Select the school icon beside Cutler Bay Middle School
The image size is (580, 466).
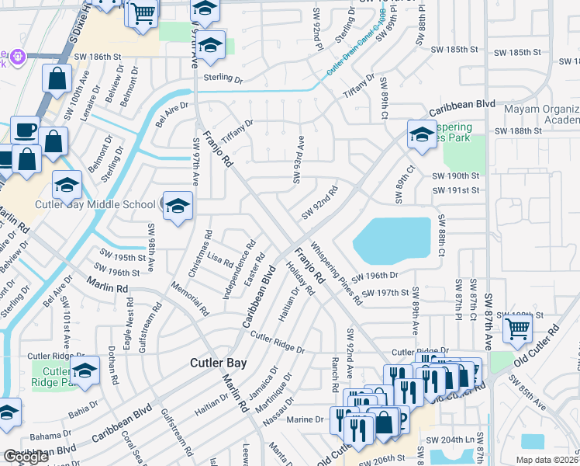[x=178, y=207]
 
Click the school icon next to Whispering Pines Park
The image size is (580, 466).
[x=422, y=134]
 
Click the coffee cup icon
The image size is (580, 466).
[x=25, y=129]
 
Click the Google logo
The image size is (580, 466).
[x=26, y=457]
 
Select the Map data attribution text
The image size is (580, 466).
[x=547, y=460]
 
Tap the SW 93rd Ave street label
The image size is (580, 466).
[x=299, y=159]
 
